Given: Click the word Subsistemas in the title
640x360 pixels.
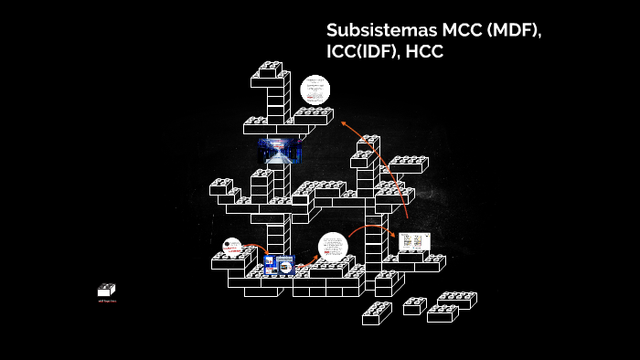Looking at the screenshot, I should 378,30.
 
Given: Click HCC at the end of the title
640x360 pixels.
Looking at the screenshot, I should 424,53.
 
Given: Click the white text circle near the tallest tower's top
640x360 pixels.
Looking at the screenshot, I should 315,90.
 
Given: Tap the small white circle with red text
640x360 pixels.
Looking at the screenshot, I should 232,247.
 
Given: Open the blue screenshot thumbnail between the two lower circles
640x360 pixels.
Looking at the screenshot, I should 278,265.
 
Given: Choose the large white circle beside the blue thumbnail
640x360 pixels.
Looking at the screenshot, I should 333,248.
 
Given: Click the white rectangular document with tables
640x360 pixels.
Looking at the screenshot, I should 414,241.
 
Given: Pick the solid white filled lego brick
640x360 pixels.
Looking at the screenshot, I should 107,290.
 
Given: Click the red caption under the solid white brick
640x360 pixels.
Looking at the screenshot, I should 107,301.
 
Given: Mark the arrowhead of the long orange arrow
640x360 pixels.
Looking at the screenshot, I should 343,122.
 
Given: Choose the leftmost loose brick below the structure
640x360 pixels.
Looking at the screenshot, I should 377,313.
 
